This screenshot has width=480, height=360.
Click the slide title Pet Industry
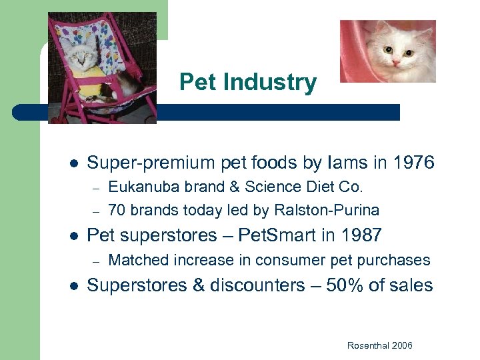(x=248, y=83)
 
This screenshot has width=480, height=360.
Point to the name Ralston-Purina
(x=326, y=211)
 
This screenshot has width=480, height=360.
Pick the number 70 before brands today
(x=117, y=211)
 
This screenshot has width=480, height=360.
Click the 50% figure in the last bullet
(x=346, y=285)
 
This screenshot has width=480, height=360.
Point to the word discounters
(x=259, y=285)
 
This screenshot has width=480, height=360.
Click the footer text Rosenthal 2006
(x=379, y=345)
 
